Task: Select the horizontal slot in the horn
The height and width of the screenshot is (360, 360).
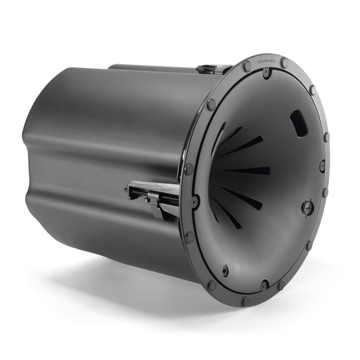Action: coord(243,171)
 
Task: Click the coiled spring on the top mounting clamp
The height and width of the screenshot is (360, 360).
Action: coord(208,68)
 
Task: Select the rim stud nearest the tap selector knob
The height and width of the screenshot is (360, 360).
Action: coord(325,190)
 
